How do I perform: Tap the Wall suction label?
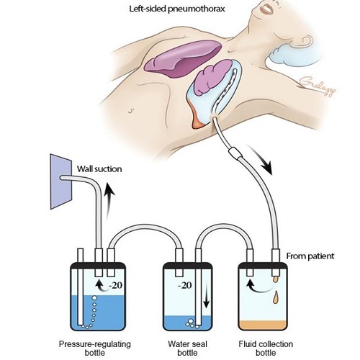pos(99,170)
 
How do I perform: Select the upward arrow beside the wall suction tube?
pos(108,193)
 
